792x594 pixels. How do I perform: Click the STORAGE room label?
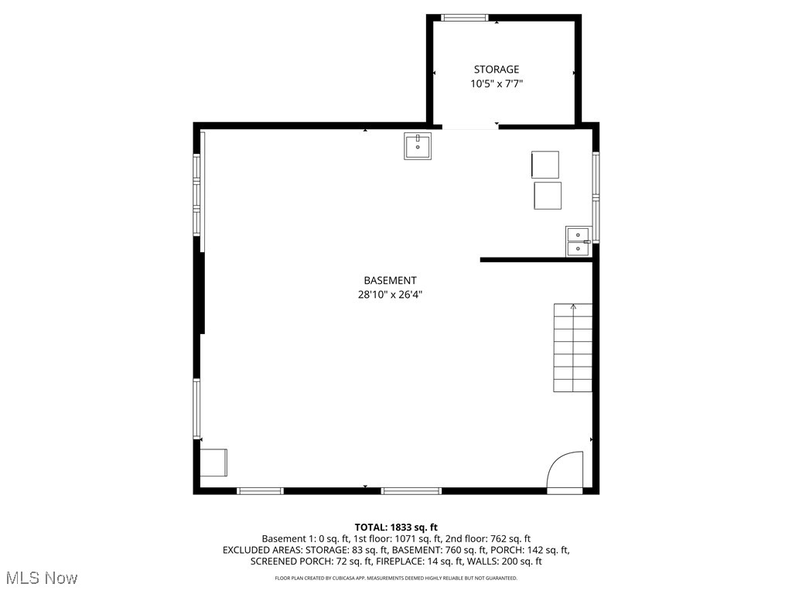tap(496, 70)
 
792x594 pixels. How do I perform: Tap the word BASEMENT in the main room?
tap(390, 281)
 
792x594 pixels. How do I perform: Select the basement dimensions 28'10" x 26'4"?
tap(390, 295)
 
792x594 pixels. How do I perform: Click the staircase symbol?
tap(572, 348)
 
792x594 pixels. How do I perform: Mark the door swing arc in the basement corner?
tap(564, 469)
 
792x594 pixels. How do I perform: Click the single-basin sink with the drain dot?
tap(418, 145)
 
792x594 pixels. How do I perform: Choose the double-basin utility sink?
tap(578, 241)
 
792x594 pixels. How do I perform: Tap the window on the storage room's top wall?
tap(465, 17)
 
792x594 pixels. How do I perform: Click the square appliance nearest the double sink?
tap(548, 196)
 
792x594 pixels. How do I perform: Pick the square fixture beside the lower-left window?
tap(213, 463)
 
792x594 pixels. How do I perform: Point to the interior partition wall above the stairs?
tap(535, 260)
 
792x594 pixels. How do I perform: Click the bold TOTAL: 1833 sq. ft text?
tap(396, 527)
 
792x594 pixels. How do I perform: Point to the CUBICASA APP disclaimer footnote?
tap(396, 578)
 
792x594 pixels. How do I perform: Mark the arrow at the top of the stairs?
tap(573, 307)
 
